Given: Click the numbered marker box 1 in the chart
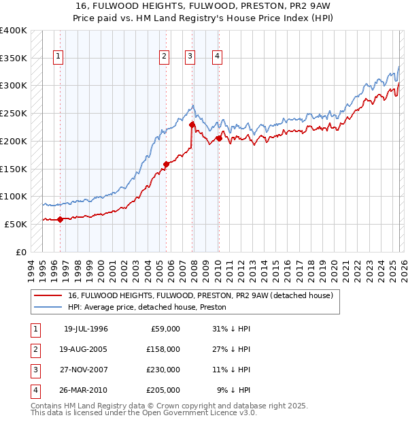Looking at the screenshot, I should (59, 57).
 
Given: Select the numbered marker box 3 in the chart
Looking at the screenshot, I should (190, 57).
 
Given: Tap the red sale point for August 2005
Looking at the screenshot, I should (166, 164).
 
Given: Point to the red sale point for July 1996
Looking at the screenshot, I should (60, 219).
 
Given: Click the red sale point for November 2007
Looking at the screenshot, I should (192, 125).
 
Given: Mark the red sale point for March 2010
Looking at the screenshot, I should (219, 138).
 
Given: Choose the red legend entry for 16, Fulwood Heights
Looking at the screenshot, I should (200, 296).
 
